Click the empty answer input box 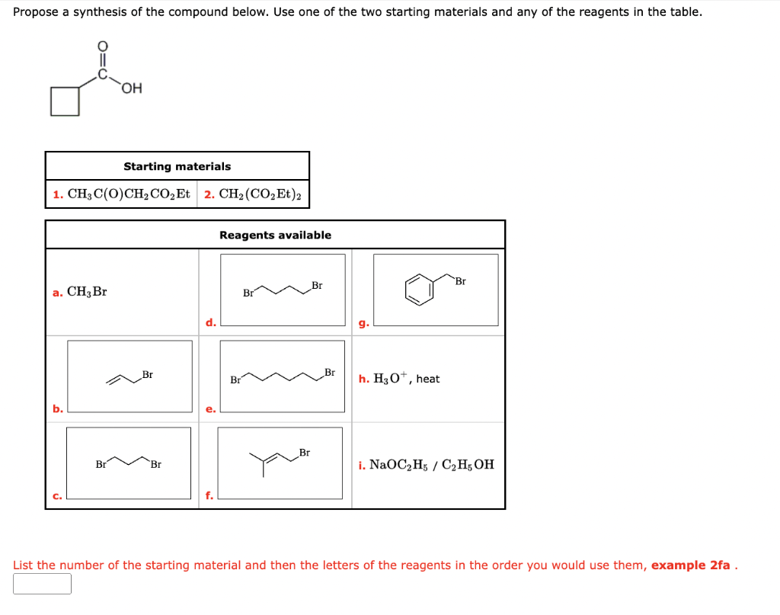coord(42,585)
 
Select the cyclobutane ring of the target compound coord(65,101)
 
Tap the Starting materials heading coord(177,166)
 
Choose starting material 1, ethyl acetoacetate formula coord(122,194)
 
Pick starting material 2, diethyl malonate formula coord(253,194)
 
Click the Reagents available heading coord(275,235)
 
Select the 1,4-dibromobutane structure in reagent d coord(283,289)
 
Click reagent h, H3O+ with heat coord(399,379)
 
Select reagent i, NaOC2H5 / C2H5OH coord(426,465)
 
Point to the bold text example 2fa coord(691,565)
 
